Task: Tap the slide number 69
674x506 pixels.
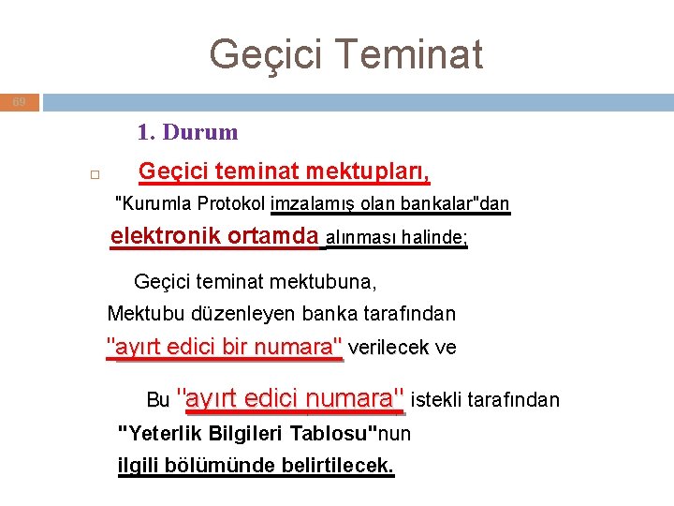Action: (x=20, y=101)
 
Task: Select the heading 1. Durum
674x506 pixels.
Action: (x=187, y=132)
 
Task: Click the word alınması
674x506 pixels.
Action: (x=360, y=238)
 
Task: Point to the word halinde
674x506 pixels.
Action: (x=432, y=238)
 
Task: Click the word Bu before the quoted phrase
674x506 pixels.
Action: (x=158, y=400)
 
